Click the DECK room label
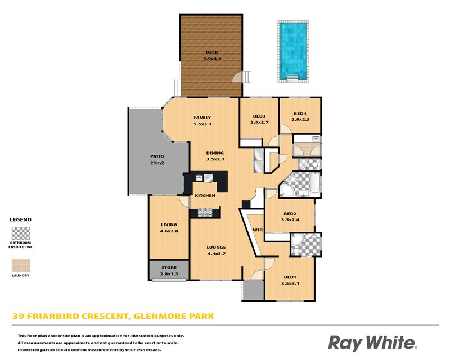[212, 52]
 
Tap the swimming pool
[293, 51]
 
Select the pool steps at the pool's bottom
[293, 76]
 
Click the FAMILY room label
[202, 118]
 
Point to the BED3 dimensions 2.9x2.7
[259, 122]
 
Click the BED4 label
[300, 114]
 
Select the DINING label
[215, 153]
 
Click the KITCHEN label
[205, 196]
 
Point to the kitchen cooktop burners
[205, 212]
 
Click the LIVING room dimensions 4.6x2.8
[169, 231]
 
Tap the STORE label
[169, 268]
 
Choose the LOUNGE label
[216, 247]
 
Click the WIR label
[258, 230]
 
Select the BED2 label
[290, 214]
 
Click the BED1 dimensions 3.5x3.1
[290, 283]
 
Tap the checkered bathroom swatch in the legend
[21, 233]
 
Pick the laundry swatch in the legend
[21, 265]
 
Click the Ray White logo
[372, 343]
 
